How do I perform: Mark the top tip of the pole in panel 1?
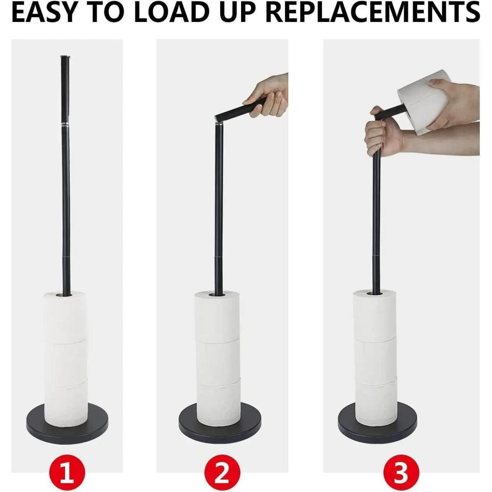click(65, 57)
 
